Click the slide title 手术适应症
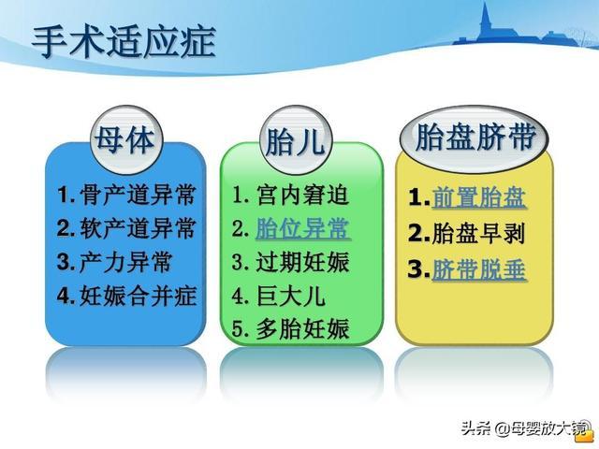tap(124, 42)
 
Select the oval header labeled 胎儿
tap(295, 143)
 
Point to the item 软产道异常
tap(139, 228)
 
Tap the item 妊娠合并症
tap(139, 296)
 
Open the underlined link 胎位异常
tap(301, 228)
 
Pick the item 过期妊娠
tap(301, 262)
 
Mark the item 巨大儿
tap(290, 296)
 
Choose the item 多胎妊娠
tap(301, 328)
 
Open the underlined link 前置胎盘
tap(479, 197)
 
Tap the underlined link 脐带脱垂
tap(479, 269)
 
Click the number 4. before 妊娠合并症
tap(65, 297)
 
